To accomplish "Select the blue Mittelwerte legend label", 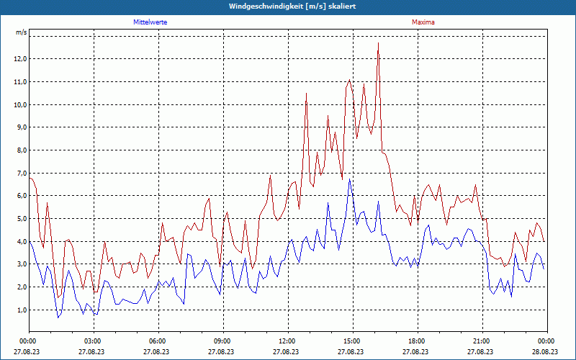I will click(150, 22).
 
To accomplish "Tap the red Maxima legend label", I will click(423, 22).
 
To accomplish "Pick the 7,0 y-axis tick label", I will click(22, 173).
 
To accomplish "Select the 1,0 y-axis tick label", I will click(22, 310).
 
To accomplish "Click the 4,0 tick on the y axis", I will click(22, 241).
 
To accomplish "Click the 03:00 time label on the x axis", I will click(93, 341).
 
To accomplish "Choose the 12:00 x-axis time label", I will click(287, 341).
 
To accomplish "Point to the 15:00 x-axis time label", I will click(351, 341).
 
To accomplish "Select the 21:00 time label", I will click(481, 341).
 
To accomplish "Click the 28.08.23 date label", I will click(546, 351).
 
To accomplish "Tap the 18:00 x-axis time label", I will click(416, 341).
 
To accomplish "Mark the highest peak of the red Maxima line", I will click(378, 43).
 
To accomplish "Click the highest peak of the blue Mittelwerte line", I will click(350, 179).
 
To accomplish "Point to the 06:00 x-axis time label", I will click(158, 341).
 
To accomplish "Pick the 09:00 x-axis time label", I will click(222, 341).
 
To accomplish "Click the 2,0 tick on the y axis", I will click(22, 287).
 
